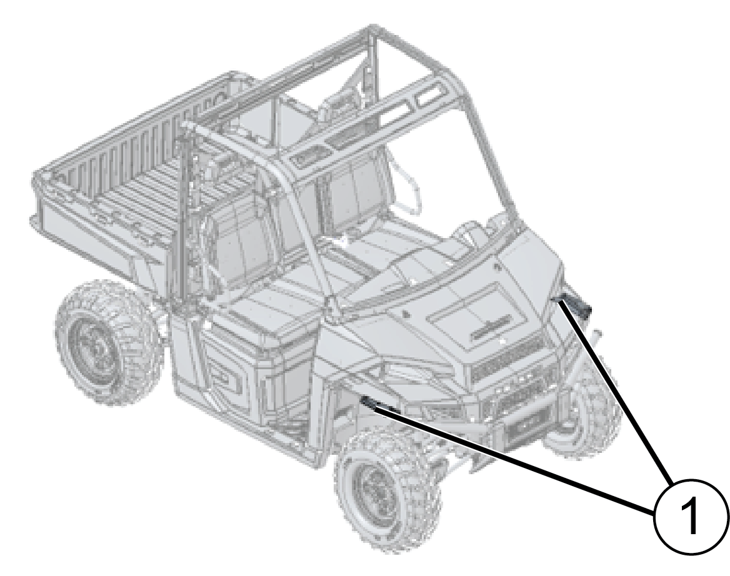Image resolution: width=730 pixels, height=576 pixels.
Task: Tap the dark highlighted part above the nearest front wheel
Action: point(377,405)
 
